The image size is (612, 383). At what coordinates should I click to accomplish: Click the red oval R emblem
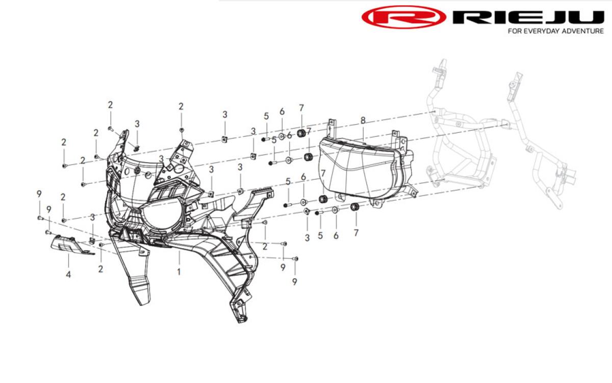click(404, 17)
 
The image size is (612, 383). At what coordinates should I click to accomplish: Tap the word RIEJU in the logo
click(528, 17)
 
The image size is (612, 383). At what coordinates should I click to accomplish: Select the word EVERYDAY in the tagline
click(538, 31)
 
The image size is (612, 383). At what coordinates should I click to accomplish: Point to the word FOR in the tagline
click(515, 31)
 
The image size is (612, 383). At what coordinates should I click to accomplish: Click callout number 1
click(179, 272)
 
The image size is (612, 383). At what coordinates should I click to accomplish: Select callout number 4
click(68, 274)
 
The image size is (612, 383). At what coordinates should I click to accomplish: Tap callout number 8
click(363, 120)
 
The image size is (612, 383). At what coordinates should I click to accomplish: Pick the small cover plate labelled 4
click(71, 245)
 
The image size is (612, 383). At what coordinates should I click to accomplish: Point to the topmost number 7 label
click(301, 108)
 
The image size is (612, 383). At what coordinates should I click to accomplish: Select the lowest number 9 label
click(295, 281)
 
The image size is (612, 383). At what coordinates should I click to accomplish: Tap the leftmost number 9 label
click(39, 194)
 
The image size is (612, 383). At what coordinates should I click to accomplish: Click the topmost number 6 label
click(282, 112)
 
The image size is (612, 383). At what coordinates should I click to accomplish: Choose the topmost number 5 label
click(266, 116)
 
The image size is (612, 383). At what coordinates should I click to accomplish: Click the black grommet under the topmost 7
click(301, 133)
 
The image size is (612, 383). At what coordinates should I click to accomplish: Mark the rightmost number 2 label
click(265, 247)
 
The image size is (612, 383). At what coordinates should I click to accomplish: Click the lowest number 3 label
click(308, 238)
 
